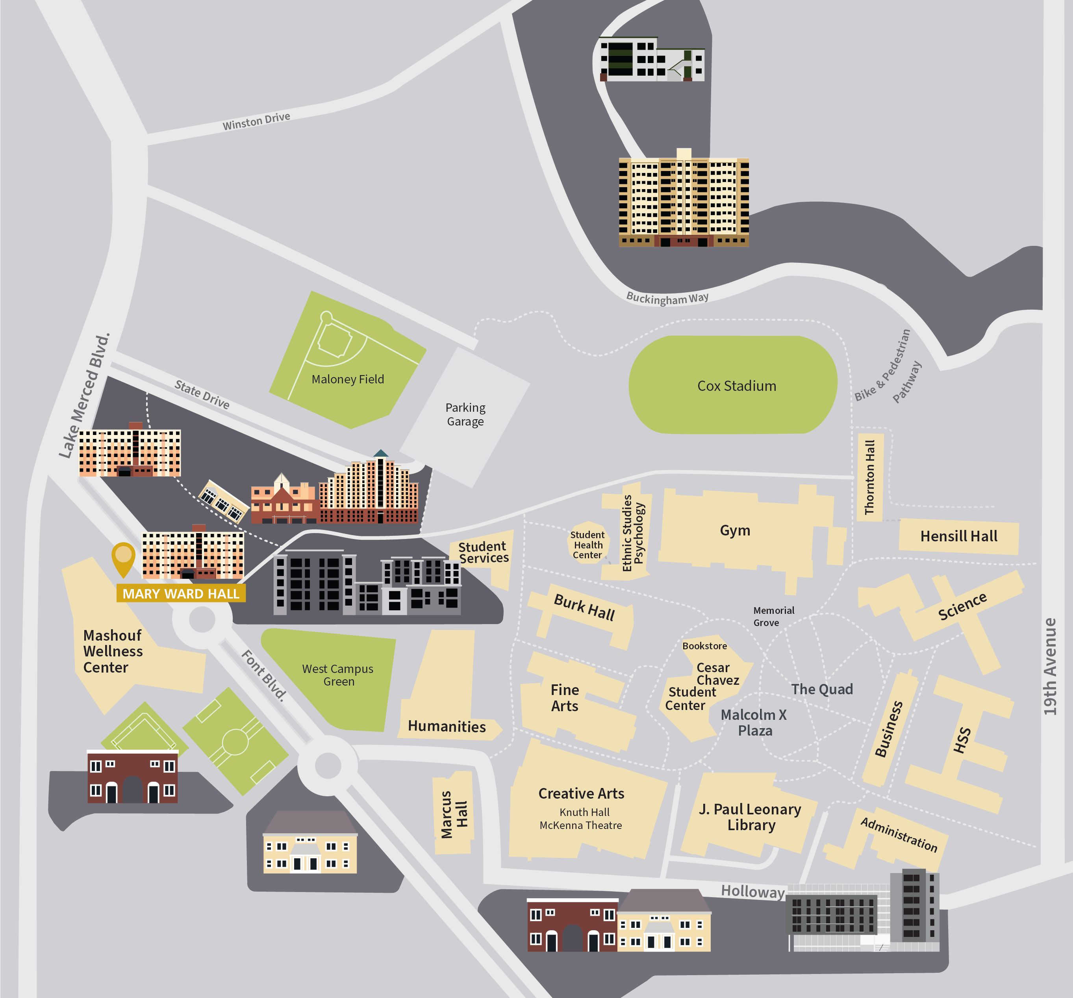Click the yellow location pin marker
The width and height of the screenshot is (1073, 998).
coord(123,558)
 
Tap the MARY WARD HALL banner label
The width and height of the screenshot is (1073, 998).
coord(181,593)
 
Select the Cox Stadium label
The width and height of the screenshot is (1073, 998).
coord(736,386)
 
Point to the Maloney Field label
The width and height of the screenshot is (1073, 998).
coord(348,379)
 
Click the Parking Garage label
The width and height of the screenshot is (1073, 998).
coord(465,414)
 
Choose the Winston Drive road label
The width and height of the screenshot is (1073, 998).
coord(256,121)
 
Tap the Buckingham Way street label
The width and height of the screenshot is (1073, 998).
coord(667,297)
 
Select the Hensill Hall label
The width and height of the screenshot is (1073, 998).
coord(958,536)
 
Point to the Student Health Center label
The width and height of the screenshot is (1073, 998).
coord(587,545)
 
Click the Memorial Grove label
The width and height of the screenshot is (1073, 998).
coord(773,616)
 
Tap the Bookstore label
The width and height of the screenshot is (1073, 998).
coord(704,646)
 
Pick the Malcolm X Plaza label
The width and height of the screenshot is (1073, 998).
coord(754,722)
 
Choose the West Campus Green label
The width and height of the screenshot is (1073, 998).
coord(337,675)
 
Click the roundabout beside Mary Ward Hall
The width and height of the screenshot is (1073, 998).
coord(202,619)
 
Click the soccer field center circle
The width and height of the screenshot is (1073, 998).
coord(235,742)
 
